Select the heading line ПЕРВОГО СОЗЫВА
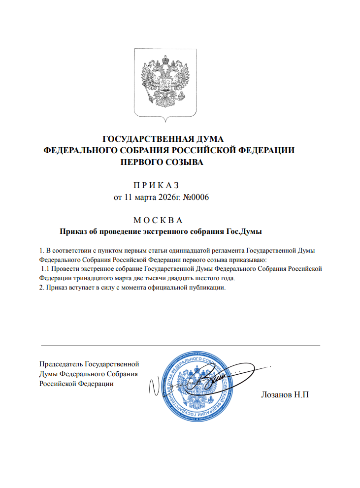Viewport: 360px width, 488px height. pos(162,162)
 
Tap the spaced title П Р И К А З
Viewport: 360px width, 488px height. pos(156,185)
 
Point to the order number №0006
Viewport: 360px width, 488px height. pos(196,197)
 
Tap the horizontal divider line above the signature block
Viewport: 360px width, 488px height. pos(180,346)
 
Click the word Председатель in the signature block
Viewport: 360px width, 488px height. pos(61,364)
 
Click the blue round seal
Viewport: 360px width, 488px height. pos(196,384)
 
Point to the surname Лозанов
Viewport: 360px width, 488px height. pos(276,396)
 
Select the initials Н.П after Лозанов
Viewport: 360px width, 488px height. pos(301,396)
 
